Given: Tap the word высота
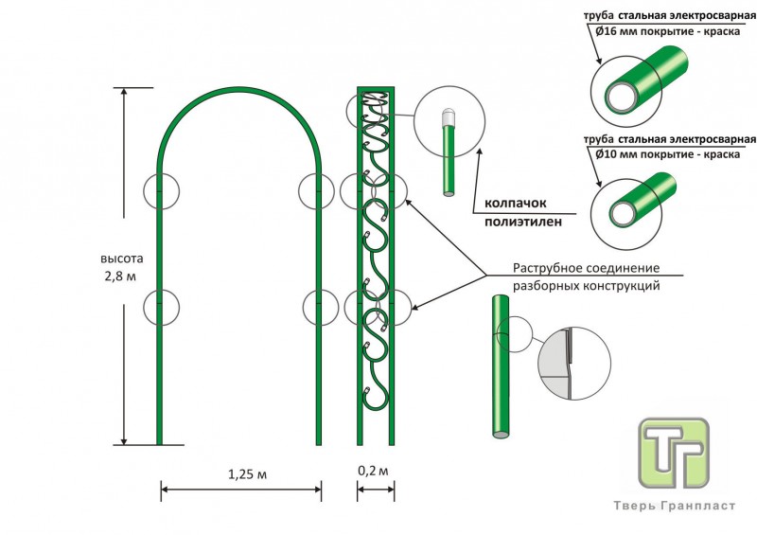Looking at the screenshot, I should point(123,258).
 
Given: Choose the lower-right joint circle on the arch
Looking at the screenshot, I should point(321,307).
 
